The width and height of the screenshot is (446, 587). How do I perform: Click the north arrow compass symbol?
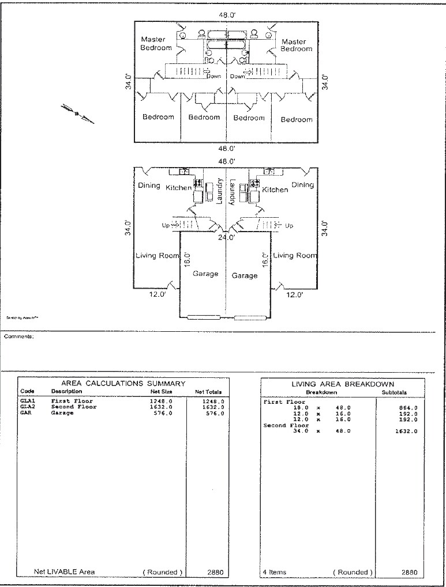[77, 113]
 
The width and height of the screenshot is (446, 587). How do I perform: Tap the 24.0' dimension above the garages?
[226, 236]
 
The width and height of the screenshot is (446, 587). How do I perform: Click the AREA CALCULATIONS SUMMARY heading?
[123, 383]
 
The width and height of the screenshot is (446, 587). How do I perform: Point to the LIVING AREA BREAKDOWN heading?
[343, 384]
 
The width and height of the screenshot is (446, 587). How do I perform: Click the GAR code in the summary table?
[25, 413]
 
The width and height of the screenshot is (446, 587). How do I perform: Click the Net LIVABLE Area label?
[64, 572]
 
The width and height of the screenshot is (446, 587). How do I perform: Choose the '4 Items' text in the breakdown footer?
[275, 573]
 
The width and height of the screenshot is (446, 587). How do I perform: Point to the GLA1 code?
[28, 401]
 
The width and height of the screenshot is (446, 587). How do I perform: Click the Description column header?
[66, 392]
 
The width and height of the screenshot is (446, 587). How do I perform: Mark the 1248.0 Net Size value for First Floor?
[161, 401]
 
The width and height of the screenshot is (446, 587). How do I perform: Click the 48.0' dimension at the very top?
[226, 14]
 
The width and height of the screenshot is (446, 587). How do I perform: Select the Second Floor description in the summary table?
[74, 407]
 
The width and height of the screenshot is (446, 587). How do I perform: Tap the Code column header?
[27, 392]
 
